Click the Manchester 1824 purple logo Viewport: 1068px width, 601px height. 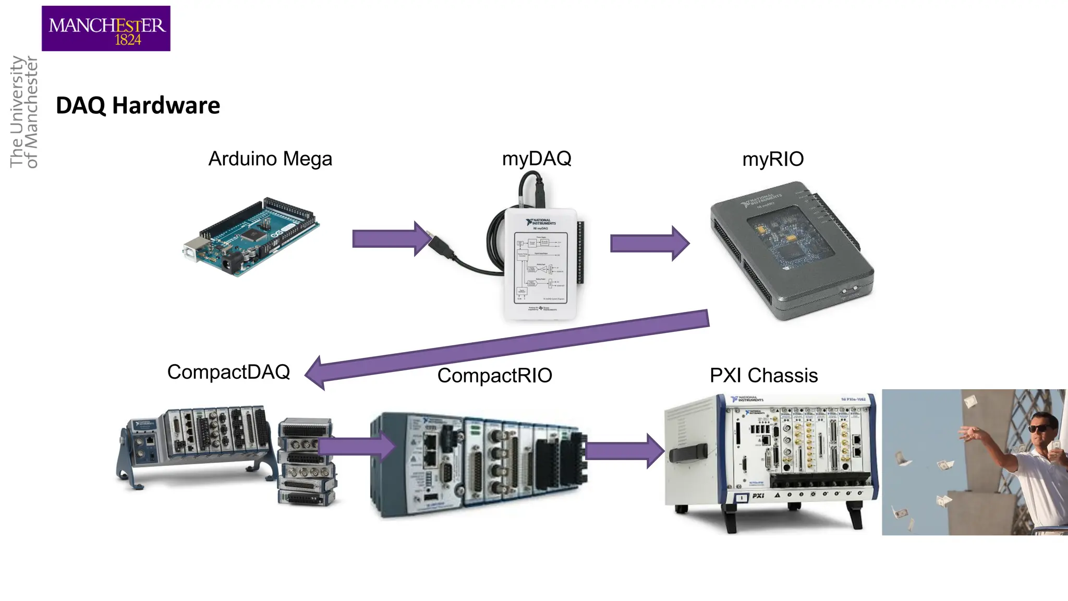click(x=106, y=28)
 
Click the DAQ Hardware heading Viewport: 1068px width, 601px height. click(x=138, y=105)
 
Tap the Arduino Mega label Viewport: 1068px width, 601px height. click(x=270, y=159)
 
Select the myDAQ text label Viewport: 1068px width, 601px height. click(x=537, y=158)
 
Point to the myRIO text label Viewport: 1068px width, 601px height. click(x=773, y=159)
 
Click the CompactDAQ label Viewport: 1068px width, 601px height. click(x=228, y=372)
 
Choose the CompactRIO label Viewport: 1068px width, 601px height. click(x=494, y=376)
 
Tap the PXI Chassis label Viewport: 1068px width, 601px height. click(x=763, y=376)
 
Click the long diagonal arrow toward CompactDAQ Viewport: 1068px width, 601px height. click(x=506, y=347)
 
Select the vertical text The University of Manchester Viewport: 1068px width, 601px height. click(x=24, y=112)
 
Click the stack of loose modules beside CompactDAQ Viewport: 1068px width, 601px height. click(x=307, y=462)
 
